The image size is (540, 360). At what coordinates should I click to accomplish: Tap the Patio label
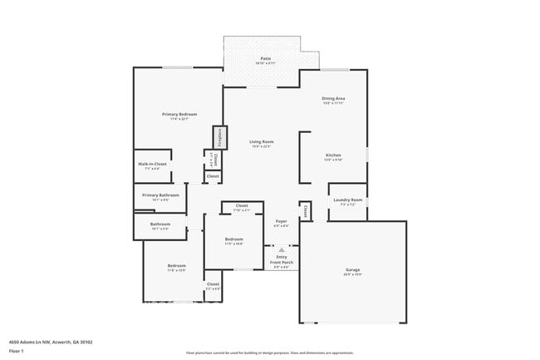pos(266,58)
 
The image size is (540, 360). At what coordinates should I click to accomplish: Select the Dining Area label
pos(333,99)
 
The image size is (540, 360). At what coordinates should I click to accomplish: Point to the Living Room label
pos(262,141)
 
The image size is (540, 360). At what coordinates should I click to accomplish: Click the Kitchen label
pos(333,155)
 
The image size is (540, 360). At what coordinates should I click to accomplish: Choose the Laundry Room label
pos(347,200)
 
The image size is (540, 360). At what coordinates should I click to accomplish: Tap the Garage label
pos(353,270)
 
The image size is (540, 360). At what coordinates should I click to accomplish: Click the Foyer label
pos(282,222)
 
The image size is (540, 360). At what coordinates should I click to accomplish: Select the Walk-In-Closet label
pos(153,164)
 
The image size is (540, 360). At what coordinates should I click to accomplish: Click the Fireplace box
pos(220,136)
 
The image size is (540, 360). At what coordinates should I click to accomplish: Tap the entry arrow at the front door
pos(282,249)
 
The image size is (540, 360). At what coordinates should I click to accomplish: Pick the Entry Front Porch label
pos(282,262)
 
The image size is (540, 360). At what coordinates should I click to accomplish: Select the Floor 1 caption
pos(17,351)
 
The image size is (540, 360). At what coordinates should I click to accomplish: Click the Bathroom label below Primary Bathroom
pos(160,224)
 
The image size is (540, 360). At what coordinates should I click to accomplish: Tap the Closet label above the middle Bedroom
pos(242,205)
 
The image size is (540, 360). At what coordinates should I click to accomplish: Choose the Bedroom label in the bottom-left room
pos(176,266)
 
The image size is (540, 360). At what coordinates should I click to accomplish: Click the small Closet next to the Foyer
pos(305,210)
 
